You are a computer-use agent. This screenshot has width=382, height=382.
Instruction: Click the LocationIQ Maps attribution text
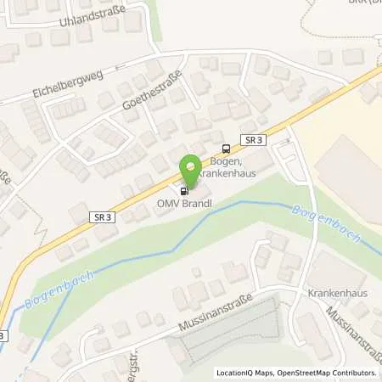[x=249, y=373]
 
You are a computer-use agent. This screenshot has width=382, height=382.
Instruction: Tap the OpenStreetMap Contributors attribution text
[x=330, y=373]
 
